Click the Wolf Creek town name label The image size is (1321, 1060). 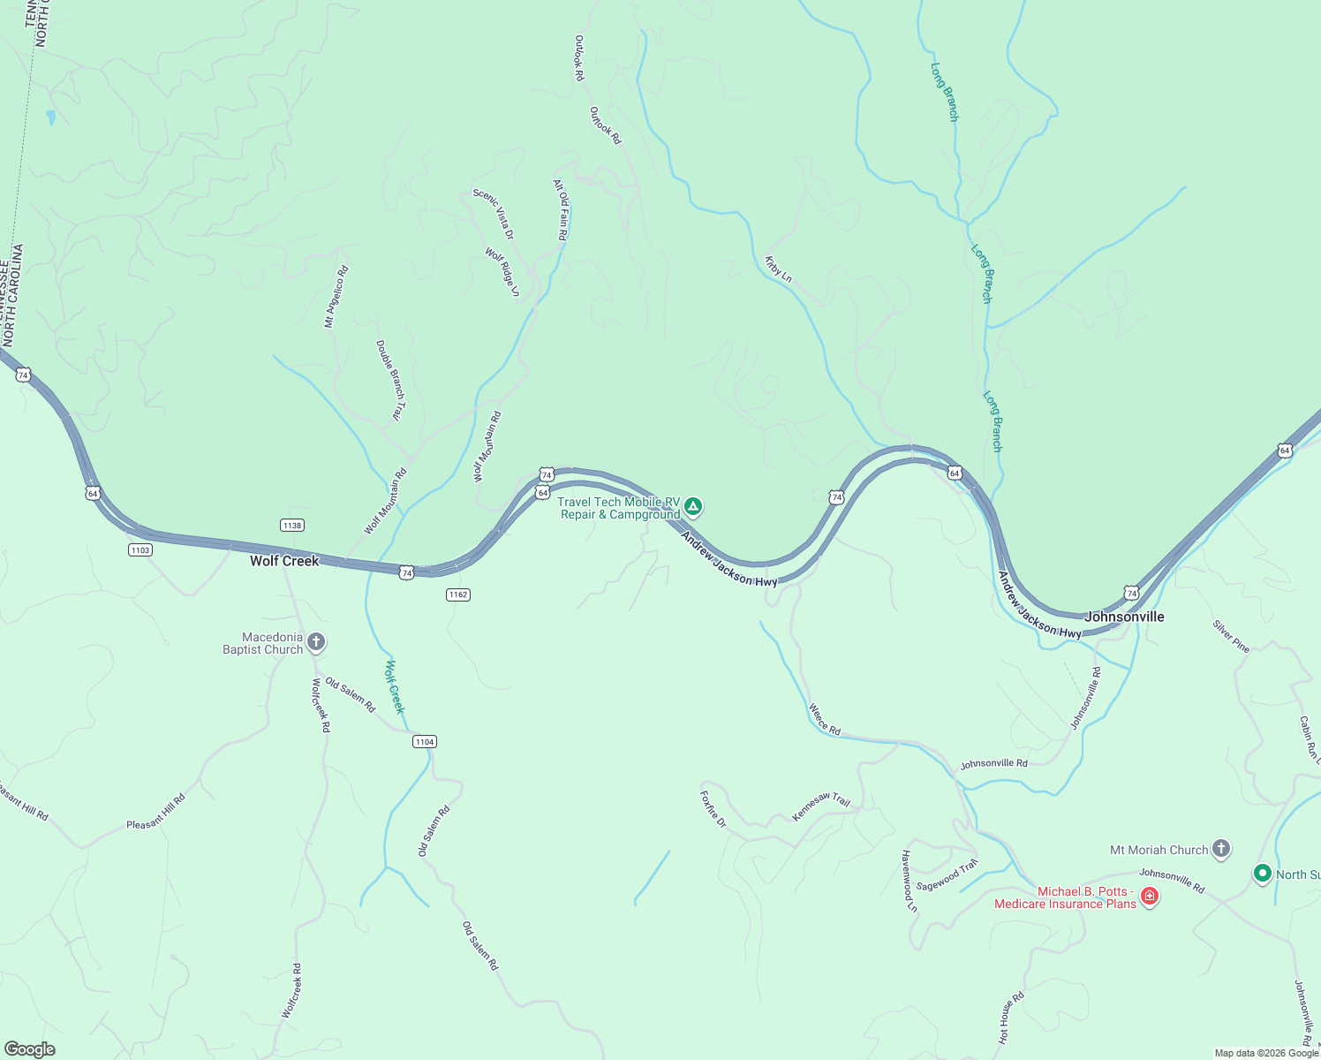283,561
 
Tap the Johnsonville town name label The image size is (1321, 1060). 1124,617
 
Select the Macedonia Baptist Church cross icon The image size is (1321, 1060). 316,642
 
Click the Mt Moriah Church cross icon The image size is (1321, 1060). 1221,849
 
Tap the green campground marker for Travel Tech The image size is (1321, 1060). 694,506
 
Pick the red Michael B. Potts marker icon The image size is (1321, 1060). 1149,897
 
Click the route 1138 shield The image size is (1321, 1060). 291,525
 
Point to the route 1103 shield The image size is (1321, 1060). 140,549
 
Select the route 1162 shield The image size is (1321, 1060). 457,594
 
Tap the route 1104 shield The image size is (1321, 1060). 424,741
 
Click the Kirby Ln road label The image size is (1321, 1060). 778,269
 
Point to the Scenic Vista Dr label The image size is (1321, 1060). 494,214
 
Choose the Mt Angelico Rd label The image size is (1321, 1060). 336,297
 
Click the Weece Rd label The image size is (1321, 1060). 825,720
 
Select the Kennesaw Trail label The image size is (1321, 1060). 821,806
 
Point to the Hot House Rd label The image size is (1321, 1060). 1011,1018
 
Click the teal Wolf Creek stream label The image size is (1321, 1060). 395,686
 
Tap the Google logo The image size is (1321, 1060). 29,1049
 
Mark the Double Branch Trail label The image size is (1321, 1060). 390,381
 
